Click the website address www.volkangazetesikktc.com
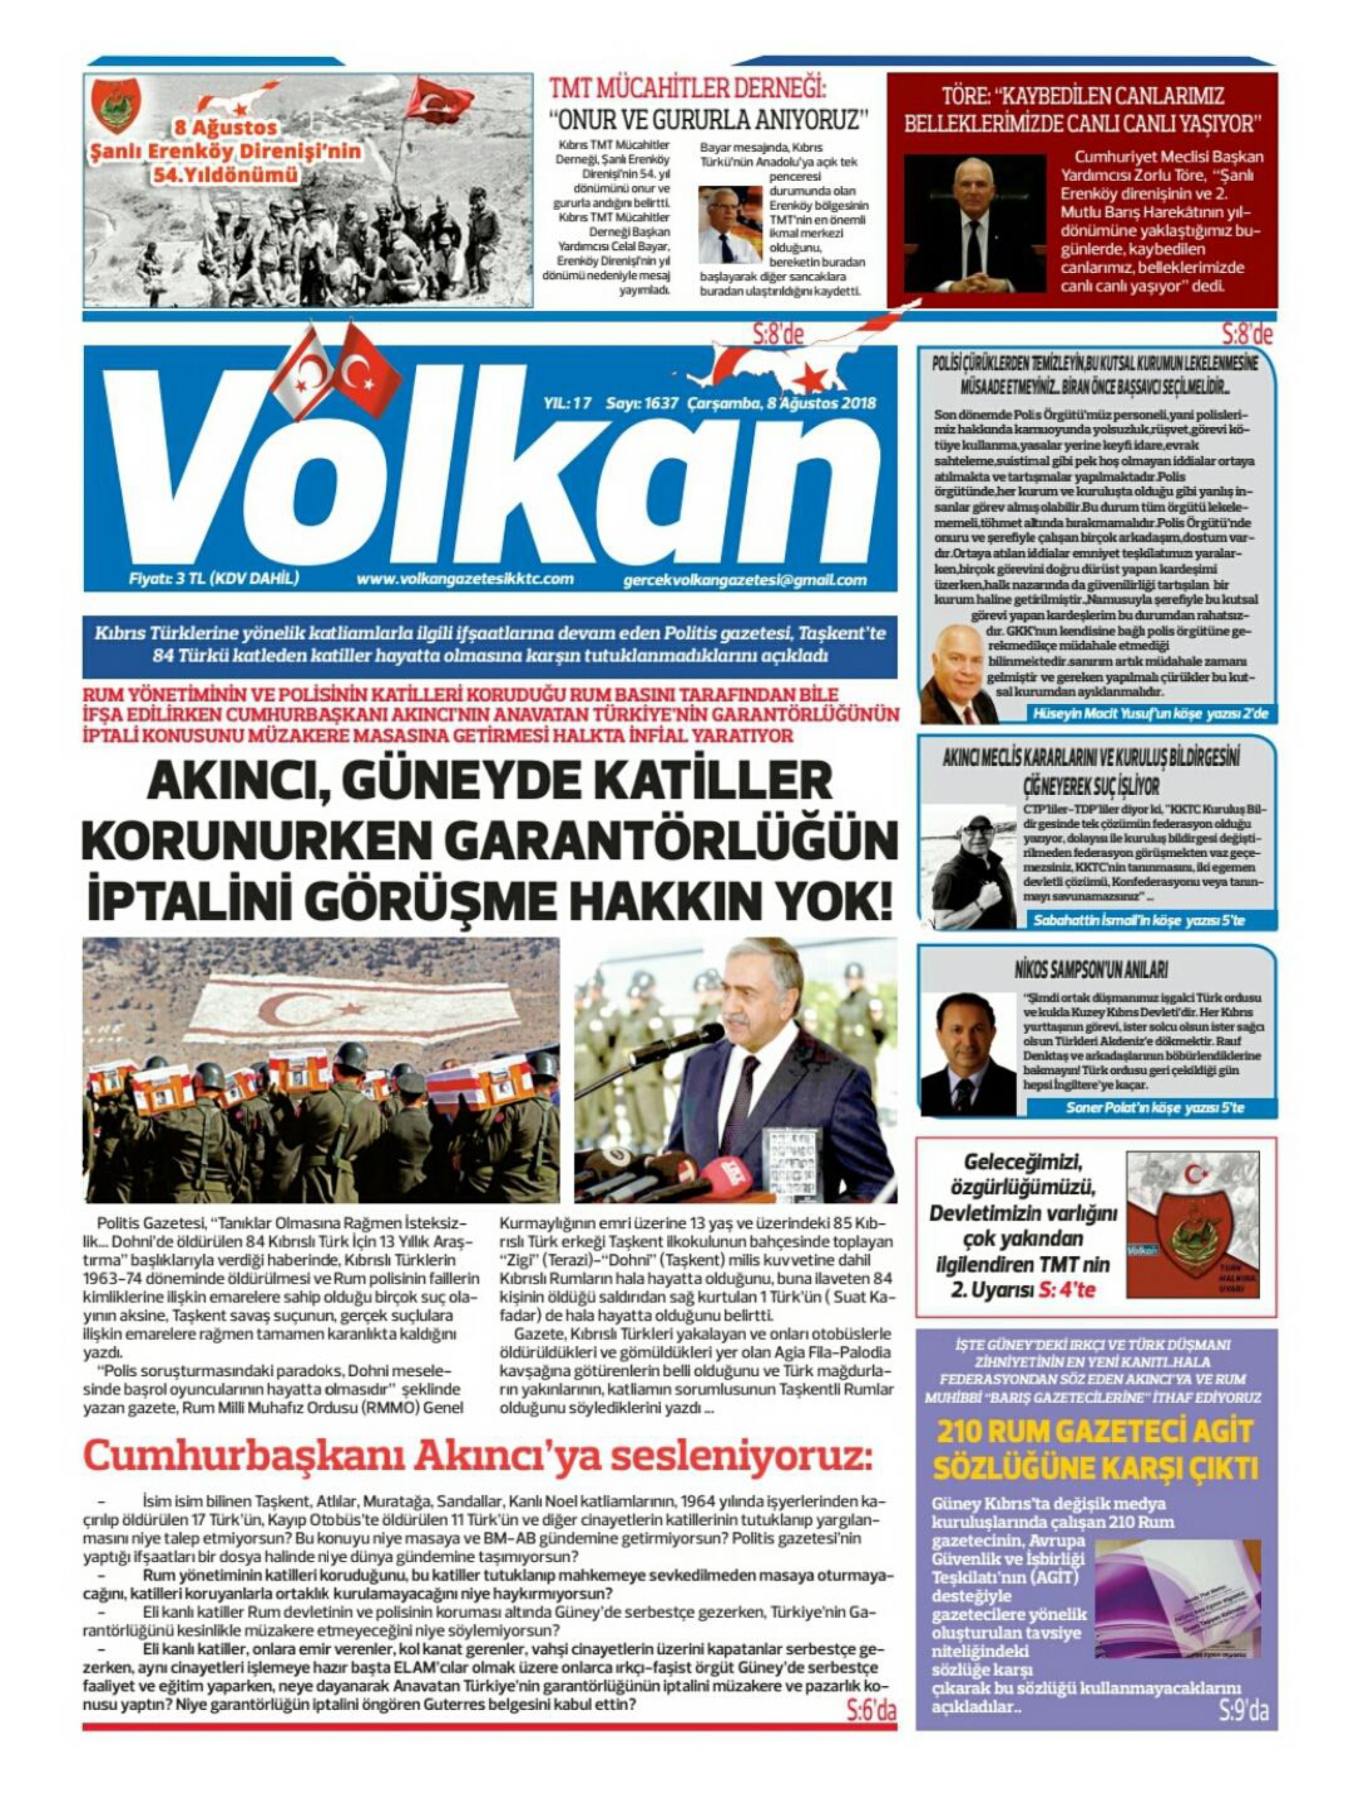click(465, 579)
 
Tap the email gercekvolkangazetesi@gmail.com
click(744, 580)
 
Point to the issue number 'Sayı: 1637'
click(641, 403)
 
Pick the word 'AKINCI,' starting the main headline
click(223, 781)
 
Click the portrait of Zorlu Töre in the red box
click(974, 222)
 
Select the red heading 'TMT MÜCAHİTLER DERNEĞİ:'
click(687, 88)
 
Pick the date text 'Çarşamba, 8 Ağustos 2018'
click(781, 403)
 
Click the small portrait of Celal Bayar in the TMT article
click(729, 224)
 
